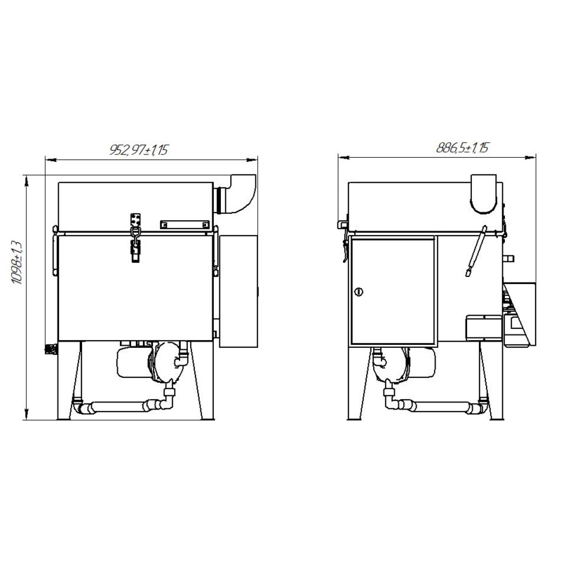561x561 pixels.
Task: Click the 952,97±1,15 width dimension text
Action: pos(138,150)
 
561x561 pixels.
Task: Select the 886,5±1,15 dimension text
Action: pos(462,147)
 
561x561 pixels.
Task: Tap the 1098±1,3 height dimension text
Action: pos(17,262)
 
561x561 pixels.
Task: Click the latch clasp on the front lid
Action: pos(135,238)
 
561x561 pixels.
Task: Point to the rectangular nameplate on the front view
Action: pos(184,224)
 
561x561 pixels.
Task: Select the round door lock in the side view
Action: pos(358,292)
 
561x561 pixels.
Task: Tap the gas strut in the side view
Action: pos(476,251)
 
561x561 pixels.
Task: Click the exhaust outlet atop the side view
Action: pos(483,194)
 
